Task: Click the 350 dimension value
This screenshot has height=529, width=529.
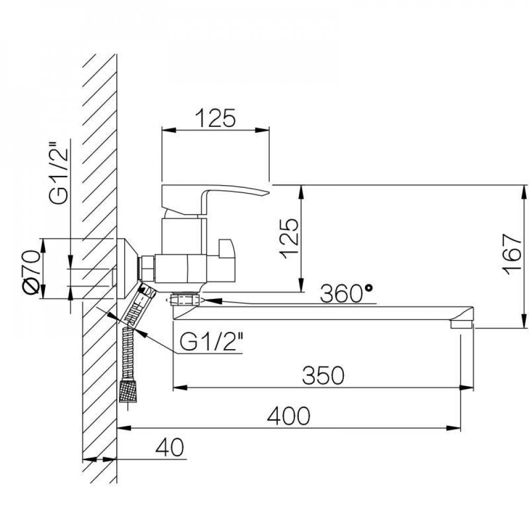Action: click(x=323, y=375)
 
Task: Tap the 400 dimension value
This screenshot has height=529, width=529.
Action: click(x=288, y=416)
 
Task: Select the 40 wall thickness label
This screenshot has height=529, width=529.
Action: click(x=170, y=447)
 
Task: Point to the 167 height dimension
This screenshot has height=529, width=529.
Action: click(x=512, y=254)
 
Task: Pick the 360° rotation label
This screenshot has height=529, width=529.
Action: click(x=346, y=294)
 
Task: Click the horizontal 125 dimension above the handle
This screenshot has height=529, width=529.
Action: click(x=216, y=118)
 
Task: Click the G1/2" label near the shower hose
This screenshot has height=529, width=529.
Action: click(x=211, y=342)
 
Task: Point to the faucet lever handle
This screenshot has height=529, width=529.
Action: click(x=215, y=200)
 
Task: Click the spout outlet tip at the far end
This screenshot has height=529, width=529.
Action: click(x=462, y=324)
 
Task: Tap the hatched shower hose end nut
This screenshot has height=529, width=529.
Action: click(x=129, y=391)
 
